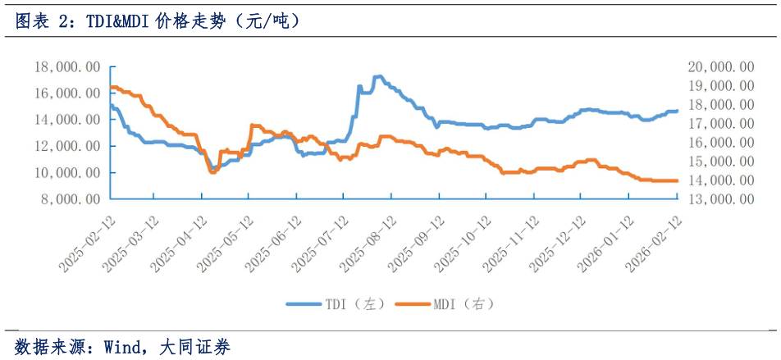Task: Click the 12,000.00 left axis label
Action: (x=68, y=146)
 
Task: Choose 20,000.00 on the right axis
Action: (x=720, y=66)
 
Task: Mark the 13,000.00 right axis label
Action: (x=720, y=198)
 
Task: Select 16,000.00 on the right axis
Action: (x=720, y=142)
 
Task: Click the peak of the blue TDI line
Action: (x=377, y=76)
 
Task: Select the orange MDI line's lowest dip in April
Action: (x=212, y=172)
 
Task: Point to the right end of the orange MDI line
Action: (x=677, y=180)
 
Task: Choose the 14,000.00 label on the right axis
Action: (x=720, y=180)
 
